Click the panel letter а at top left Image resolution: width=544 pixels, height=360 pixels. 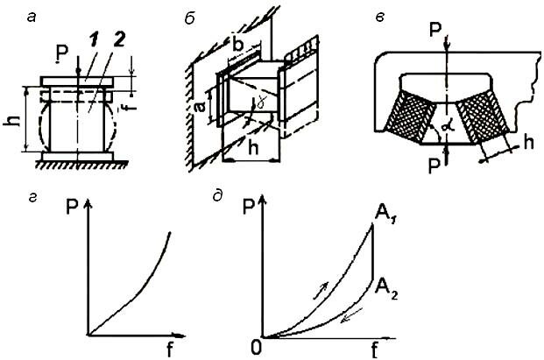tap(32, 18)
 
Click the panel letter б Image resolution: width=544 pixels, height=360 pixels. tap(189, 18)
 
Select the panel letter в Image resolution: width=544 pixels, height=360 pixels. tap(380, 18)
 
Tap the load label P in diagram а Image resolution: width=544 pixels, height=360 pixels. tap(63, 53)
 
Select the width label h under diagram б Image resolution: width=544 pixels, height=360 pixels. tap(254, 147)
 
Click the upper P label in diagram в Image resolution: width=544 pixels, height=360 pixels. tap(435, 31)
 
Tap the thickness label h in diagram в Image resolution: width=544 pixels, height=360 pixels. tap(528, 142)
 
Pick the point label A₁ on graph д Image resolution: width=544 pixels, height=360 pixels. tap(386, 215)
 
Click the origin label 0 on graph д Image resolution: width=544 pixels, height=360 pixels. tap(256, 349)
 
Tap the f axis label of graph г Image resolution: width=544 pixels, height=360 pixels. tap(169, 350)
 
